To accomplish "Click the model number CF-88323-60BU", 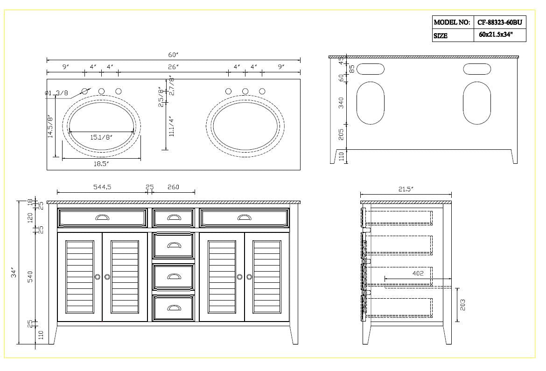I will coord(499,22).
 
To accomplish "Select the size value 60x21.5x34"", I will coord(496,35).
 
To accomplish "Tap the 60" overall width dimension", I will coord(173,55).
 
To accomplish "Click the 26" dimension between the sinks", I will coord(174,67).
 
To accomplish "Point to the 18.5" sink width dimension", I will coord(101,164).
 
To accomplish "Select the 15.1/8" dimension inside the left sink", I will coord(101,137).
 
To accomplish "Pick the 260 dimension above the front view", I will coord(173,187).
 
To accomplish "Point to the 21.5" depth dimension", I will coord(406,189).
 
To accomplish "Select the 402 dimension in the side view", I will coord(418,273).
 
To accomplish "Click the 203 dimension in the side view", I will coord(462,305).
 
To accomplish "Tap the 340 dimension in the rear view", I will coord(341,103).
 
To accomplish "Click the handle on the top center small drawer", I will coord(174,217).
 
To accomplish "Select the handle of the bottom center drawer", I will coord(174,307).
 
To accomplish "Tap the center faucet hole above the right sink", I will coord(245,91).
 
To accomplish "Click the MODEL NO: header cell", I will coord(451,22).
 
